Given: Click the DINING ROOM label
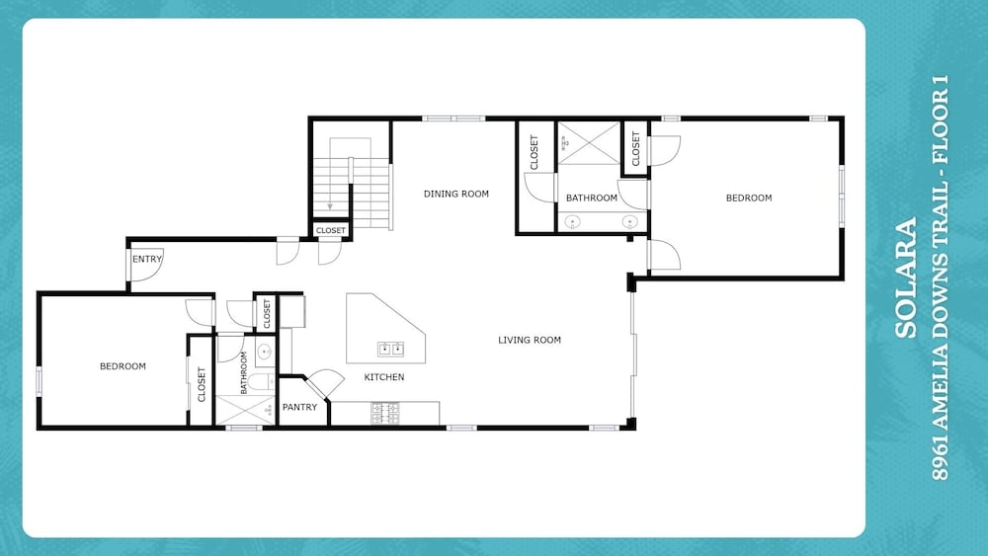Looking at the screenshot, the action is (456, 194).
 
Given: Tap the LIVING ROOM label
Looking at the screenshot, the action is (530, 340).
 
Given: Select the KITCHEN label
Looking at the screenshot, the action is (384, 377).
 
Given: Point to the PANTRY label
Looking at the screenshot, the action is (300, 408).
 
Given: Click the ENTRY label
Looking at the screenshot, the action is (147, 259).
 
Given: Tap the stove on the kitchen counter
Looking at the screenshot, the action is (385, 413).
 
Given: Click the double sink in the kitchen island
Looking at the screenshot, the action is (390, 349).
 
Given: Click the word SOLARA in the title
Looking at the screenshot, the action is (905, 278).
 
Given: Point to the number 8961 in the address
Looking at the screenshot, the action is (940, 461).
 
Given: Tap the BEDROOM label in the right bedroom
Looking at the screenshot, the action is (749, 198).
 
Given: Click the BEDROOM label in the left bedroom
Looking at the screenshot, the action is (123, 366).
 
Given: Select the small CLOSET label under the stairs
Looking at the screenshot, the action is (331, 230).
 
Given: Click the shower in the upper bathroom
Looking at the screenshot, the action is (589, 143).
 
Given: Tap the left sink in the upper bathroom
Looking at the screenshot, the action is (573, 221).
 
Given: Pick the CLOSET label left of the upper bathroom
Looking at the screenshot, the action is (535, 152).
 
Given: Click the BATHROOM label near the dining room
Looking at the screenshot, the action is (592, 198).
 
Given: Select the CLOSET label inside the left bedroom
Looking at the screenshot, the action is (202, 384).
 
